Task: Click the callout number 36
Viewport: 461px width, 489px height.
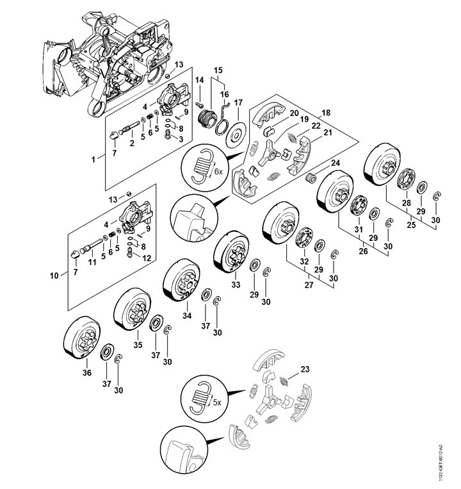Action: coord(87,373)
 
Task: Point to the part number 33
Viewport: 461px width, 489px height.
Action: coord(236,283)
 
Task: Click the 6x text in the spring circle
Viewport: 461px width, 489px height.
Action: coord(218,172)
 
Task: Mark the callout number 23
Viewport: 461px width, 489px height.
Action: coord(304,369)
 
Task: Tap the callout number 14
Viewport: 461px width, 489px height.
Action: coord(199,80)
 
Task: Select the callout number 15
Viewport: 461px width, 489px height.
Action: coord(218,69)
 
